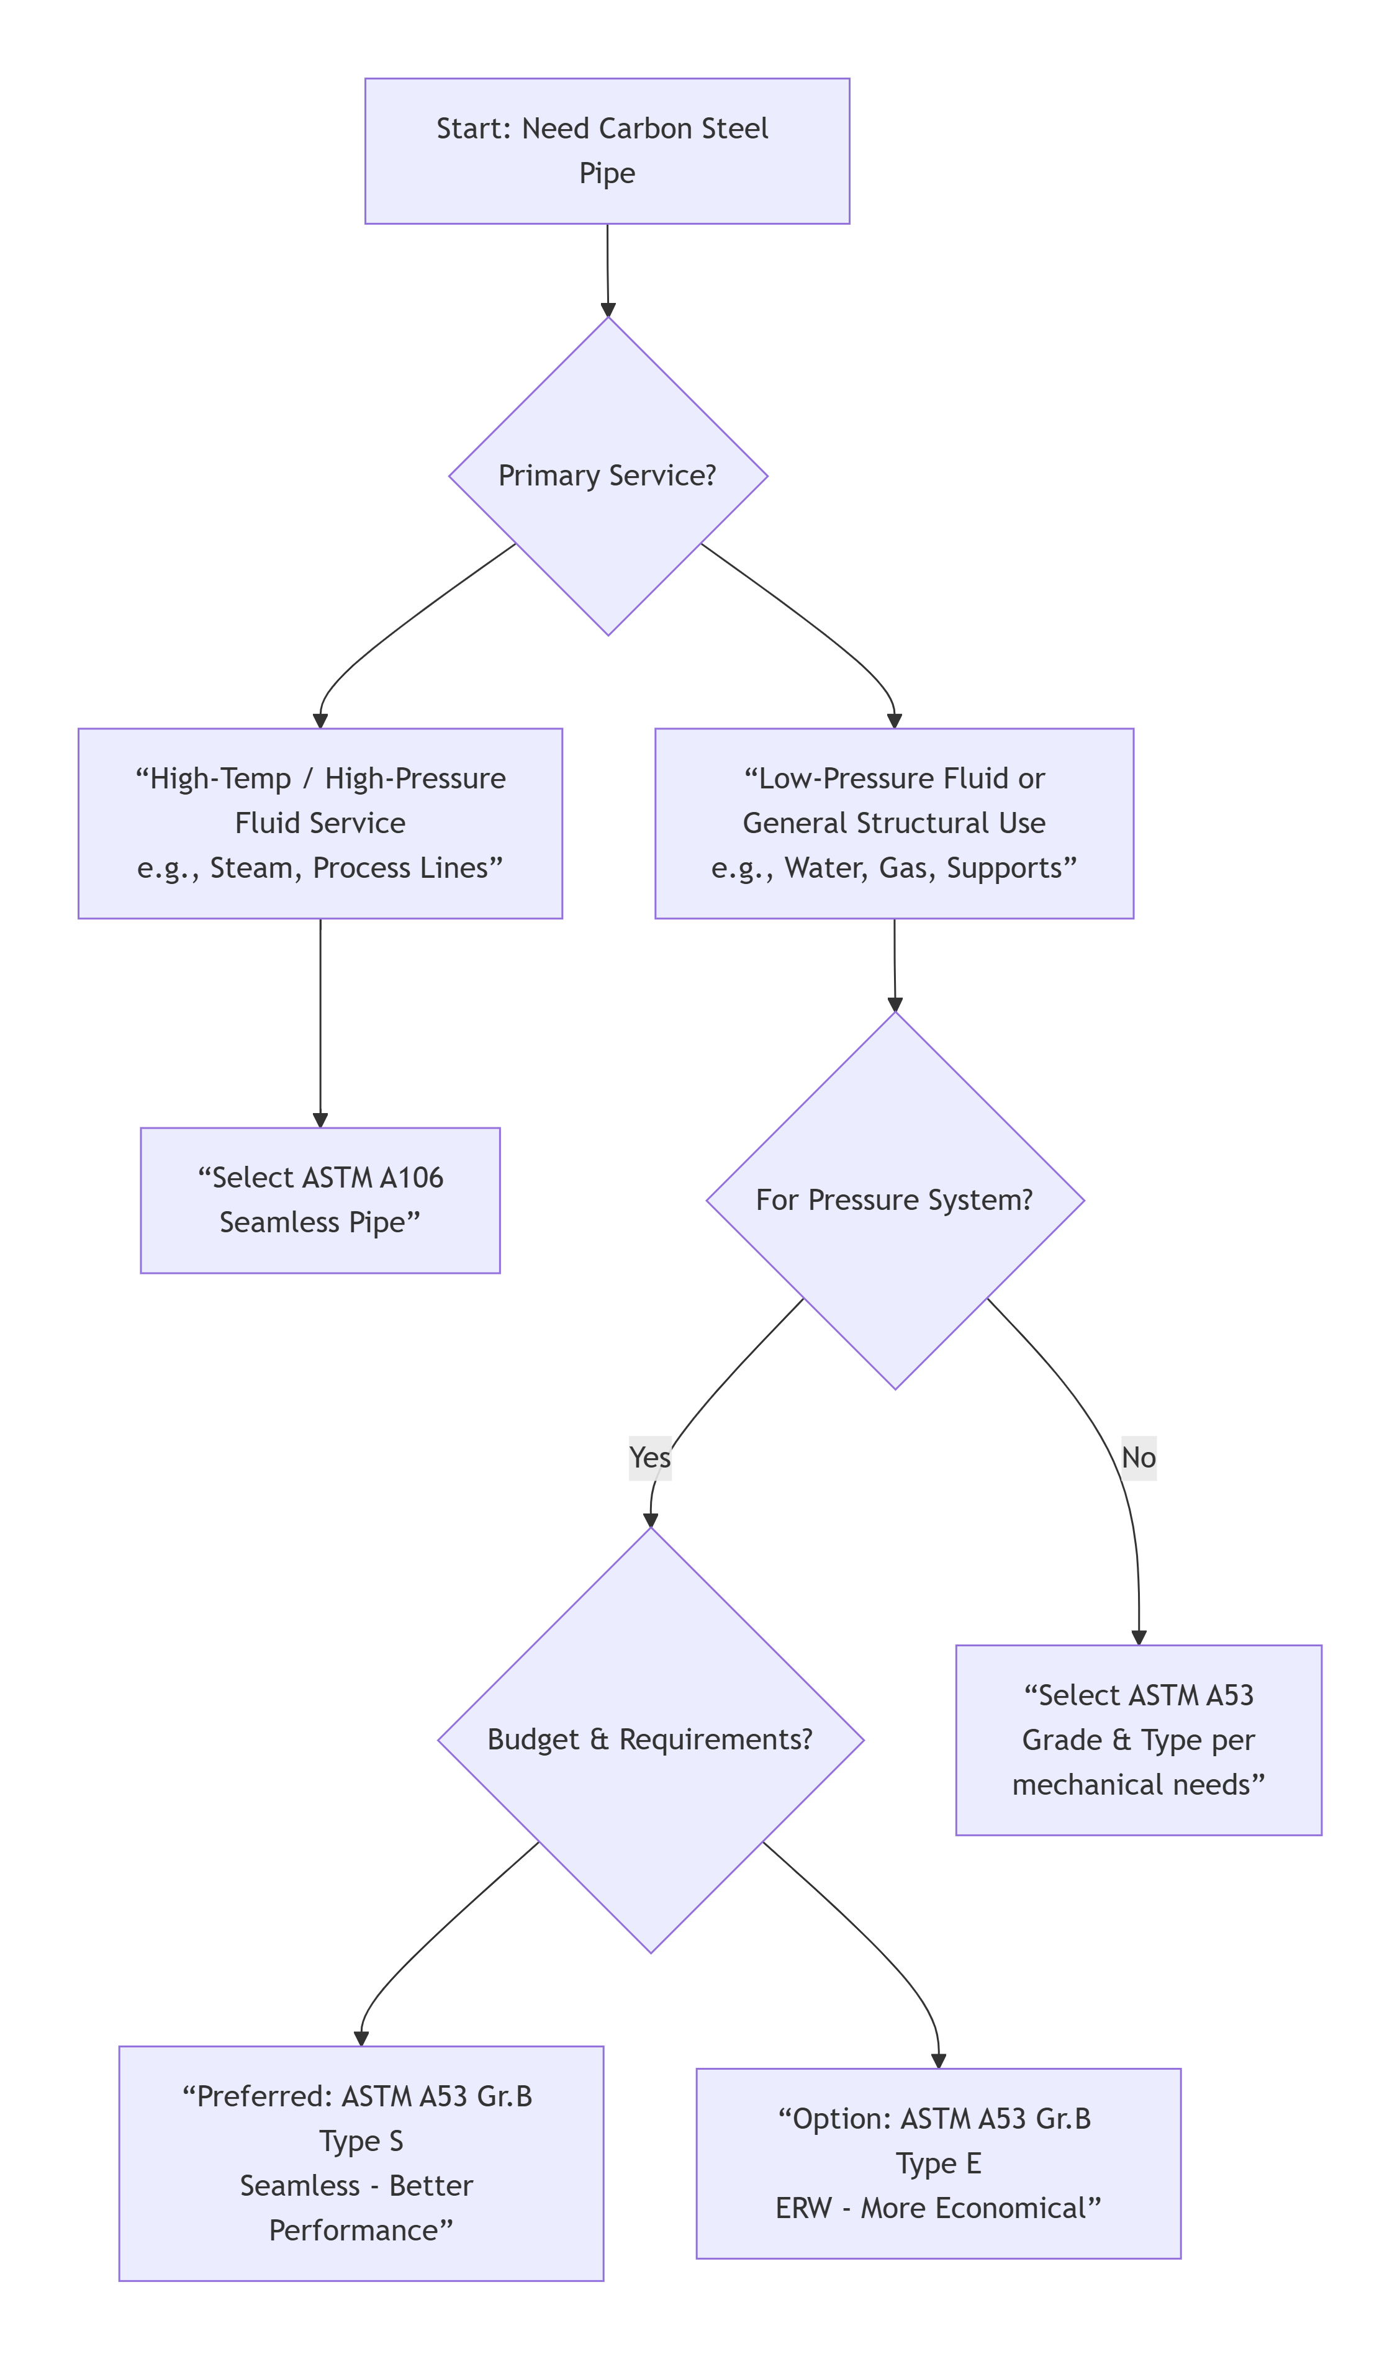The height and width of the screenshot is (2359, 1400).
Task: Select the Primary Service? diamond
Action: coord(608,476)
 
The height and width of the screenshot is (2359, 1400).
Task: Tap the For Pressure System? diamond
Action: coord(895,1200)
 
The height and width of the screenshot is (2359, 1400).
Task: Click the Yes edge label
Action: coord(650,1457)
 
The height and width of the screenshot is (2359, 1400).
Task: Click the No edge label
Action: coord(1138,1457)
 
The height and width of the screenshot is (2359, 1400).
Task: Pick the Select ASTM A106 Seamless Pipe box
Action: coord(320,1200)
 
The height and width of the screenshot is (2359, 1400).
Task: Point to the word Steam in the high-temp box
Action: coord(251,868)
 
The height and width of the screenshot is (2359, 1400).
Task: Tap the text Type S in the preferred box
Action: coord(361,2141)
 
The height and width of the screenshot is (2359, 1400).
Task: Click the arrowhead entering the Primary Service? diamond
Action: coord(608,309)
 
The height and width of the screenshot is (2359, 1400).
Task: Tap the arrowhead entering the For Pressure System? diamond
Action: coord(895,1004)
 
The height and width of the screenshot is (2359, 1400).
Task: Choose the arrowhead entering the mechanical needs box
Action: coord(1139,1638)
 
